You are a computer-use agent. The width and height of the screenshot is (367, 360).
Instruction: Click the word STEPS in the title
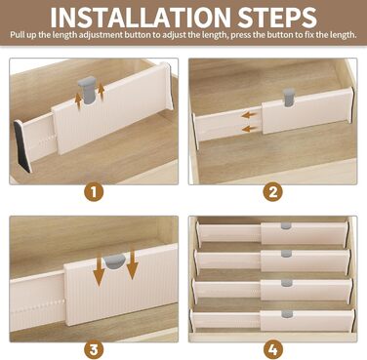point(277,17)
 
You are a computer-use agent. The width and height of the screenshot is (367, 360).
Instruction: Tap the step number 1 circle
point(94,192)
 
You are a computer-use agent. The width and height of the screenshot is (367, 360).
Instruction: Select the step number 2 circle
point(272,192)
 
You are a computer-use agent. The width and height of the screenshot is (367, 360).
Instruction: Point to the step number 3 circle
point(94,350)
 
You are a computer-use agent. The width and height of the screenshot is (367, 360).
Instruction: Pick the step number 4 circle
point(272,350)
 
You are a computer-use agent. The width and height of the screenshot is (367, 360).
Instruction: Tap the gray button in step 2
point(289,97)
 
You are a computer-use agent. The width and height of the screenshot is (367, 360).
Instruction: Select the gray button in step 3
point(114,261)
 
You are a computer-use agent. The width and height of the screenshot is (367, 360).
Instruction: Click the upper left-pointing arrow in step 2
point(250,115)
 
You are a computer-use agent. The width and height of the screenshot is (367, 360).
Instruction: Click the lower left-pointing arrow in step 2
point(250,129)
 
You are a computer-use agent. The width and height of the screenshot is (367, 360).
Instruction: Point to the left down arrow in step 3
point(100,270)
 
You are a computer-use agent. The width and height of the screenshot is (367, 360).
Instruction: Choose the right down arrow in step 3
point(133,262)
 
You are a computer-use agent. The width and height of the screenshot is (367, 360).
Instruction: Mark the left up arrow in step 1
point(78,100)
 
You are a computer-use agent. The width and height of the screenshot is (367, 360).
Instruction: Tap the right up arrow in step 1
point(102,91)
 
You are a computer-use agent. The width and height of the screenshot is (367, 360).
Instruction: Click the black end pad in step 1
point(22,146)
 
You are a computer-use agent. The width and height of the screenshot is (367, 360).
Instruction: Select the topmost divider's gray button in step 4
point(286,226)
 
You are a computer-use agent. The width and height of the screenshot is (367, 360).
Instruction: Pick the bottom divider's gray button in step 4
point(287,314)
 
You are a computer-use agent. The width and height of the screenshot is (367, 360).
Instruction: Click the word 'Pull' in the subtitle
point(17,35)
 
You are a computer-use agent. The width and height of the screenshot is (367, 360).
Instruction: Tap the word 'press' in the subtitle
point(241,35)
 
